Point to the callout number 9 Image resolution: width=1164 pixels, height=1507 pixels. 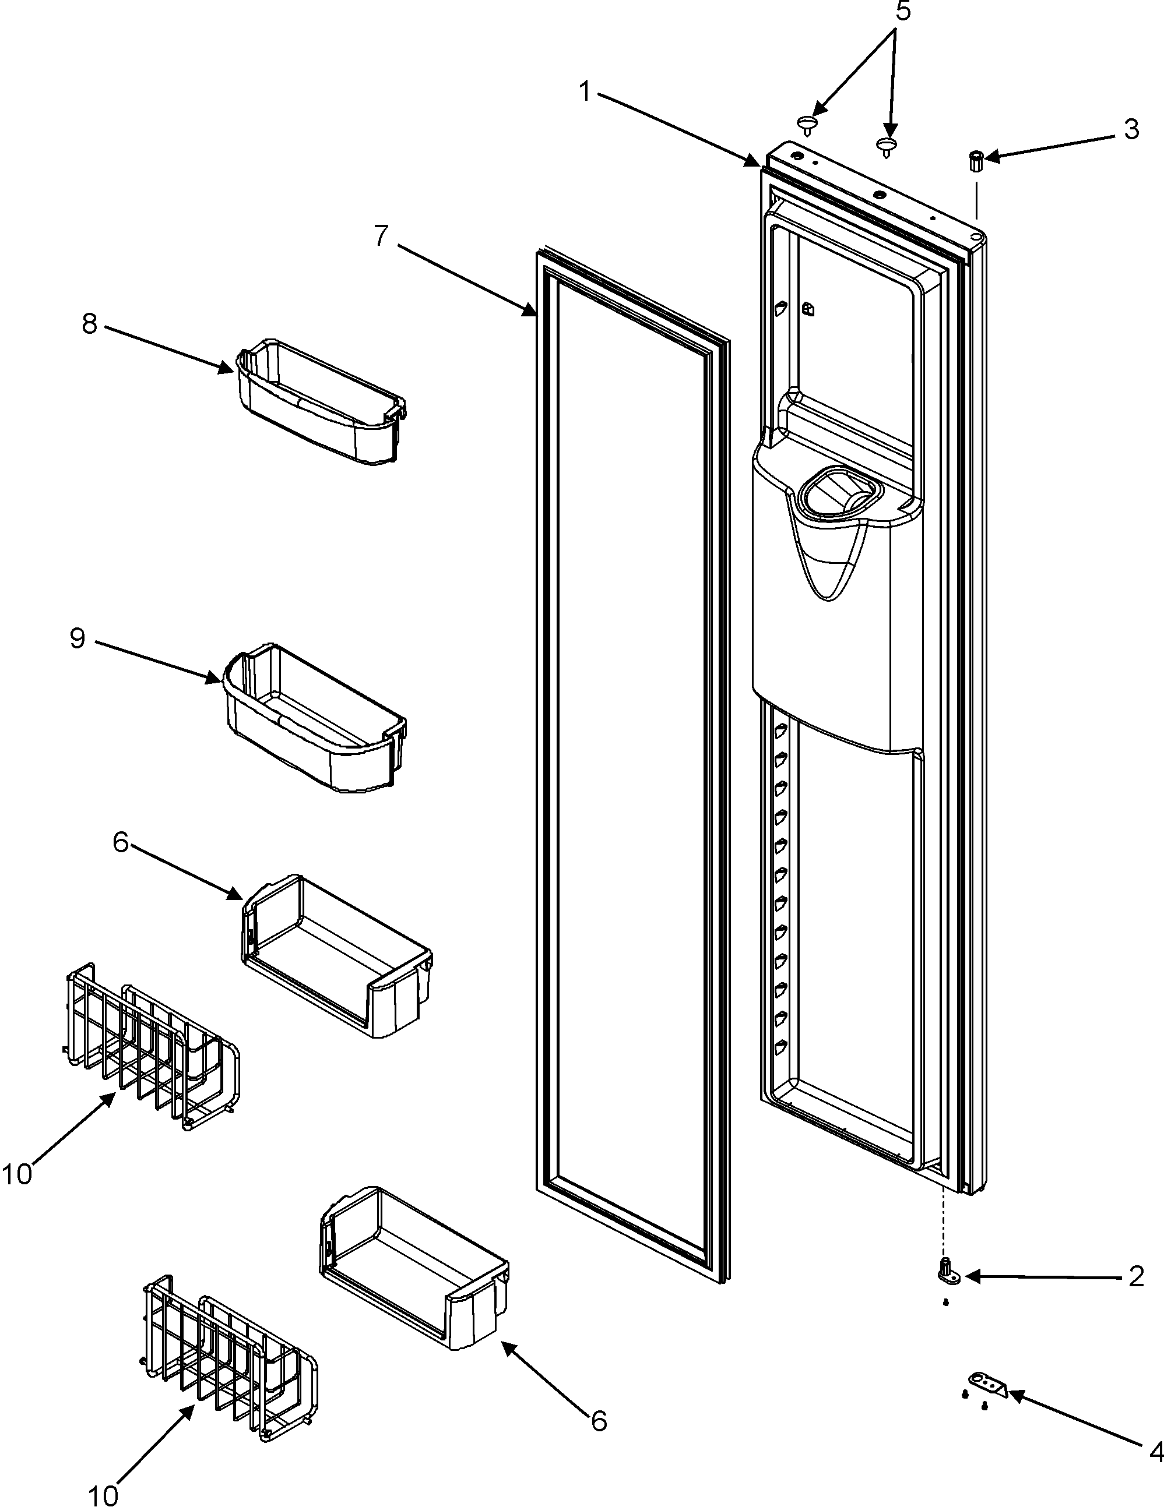pos(78,638)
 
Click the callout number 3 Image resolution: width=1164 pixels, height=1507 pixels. pos(1131,129)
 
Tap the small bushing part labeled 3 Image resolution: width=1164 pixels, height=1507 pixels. pos(976,161)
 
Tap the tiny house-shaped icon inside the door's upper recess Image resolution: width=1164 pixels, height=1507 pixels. pos(807,309)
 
